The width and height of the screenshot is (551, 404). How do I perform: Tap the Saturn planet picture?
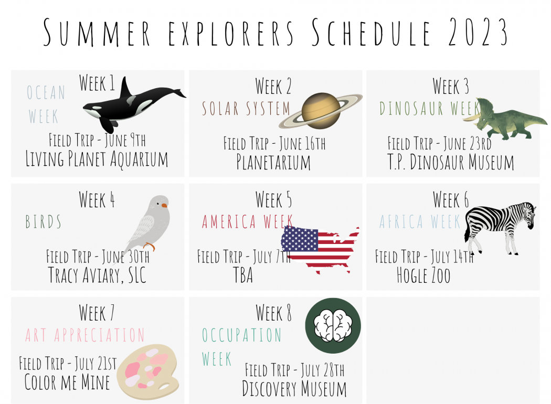click(321, 111)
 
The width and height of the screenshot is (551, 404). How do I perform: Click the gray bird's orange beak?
click(164, 205)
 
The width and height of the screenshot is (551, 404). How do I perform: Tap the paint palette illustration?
click(148, 371)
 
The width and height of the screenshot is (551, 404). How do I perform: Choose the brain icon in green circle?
click(333, 326)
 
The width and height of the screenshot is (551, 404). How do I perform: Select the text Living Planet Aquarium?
click(97, 159)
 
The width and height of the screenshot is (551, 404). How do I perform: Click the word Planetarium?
click(273, 162)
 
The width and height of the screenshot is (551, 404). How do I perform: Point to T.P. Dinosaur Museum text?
click(450, 162)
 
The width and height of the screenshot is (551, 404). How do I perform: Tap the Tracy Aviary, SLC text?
click(97, 275)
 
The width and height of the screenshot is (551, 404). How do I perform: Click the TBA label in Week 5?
click(243, 275)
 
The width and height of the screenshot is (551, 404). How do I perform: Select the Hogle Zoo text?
click(423, 275)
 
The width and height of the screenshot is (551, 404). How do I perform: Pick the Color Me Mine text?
click(67, 382)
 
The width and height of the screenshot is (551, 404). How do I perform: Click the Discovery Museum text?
click(294, 389)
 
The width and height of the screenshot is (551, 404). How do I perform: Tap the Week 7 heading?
click(97, 313)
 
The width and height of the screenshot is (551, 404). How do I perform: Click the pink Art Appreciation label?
click(84, 335)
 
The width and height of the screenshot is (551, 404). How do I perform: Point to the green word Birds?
click(43, 221)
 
